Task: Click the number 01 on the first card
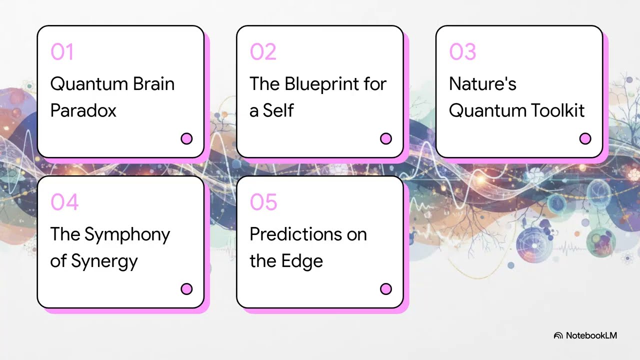point(62,52)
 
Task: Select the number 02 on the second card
point(262,52)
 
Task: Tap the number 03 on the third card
point(462,52)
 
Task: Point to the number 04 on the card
point(64,202)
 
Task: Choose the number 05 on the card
point(263,202)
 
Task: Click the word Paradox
point(83,110)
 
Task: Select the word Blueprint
point(317,84)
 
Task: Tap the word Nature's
point(482,84)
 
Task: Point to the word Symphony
point(127,235)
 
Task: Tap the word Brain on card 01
point(153,84)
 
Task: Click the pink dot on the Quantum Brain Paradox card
point(186,138)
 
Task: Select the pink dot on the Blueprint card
point(386,138)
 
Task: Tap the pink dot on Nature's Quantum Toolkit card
point(585,138)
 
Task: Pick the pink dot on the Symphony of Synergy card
point(186,289)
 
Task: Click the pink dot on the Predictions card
point(386,289)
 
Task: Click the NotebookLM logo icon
point(558,335)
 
